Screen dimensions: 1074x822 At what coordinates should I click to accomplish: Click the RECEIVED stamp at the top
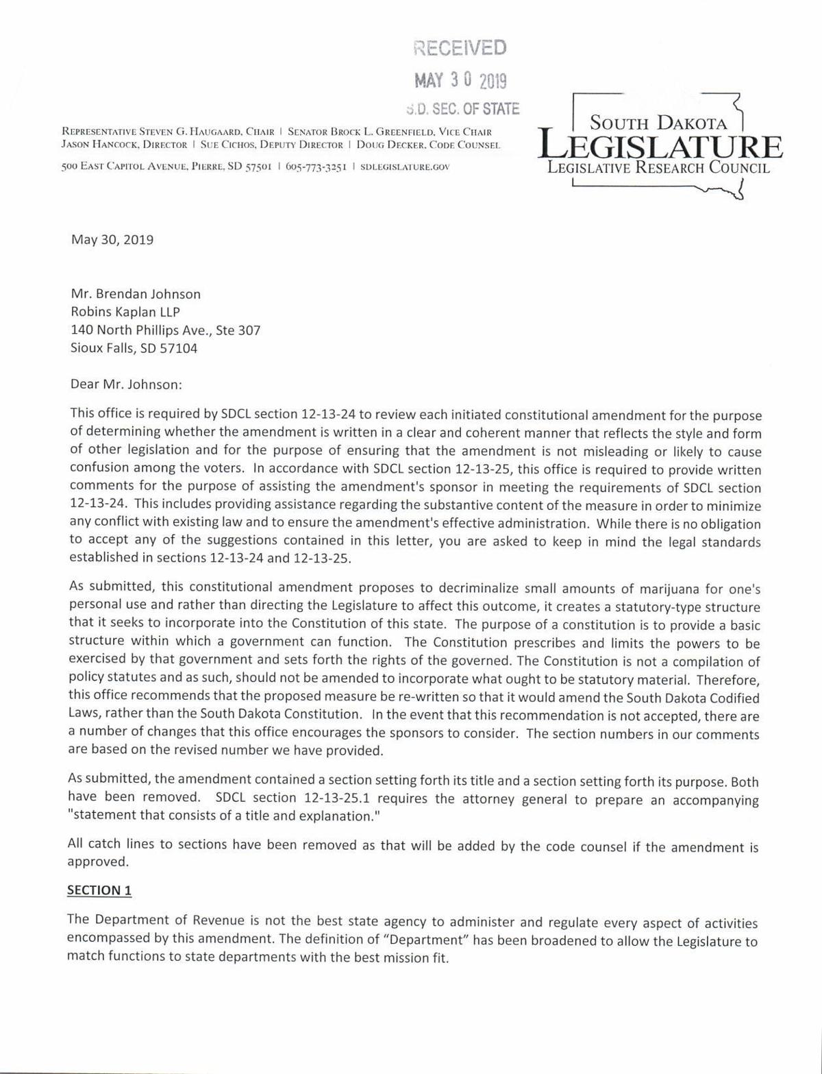click(460, 47)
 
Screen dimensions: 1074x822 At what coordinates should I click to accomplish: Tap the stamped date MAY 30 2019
click(460, 80)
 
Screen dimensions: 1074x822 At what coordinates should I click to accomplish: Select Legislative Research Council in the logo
click(658, 168)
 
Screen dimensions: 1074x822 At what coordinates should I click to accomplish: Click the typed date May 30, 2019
click(112, 240)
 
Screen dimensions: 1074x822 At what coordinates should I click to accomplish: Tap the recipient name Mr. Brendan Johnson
click(136, 294)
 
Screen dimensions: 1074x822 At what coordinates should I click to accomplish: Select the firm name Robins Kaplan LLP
click(125, 312)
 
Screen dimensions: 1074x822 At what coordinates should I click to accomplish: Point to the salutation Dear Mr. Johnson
click(126, 384)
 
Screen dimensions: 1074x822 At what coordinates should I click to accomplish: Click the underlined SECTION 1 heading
click(99, 890)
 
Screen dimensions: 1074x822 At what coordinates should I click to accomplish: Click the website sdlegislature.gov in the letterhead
click(405, 167)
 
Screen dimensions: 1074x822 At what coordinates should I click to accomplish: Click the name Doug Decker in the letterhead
click(390, 145)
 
